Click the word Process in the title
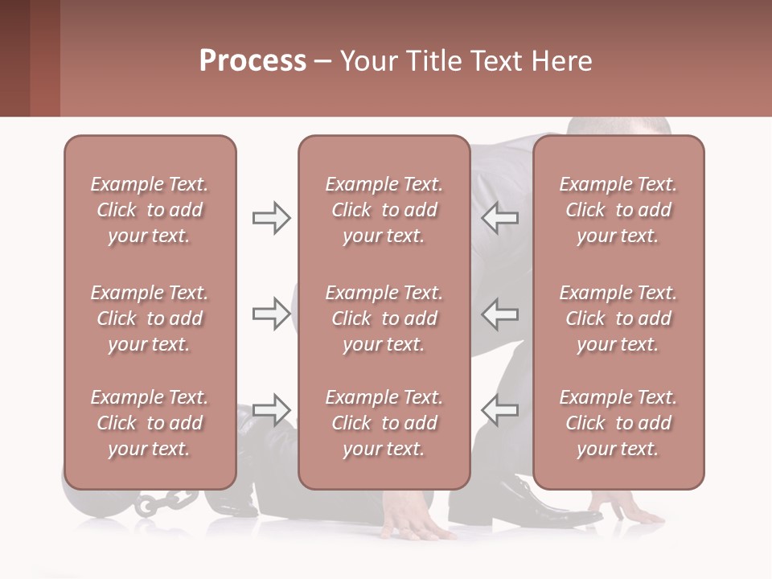(253, 61)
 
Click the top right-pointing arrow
(271, 218)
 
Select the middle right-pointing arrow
(271, 314)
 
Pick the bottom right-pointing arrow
(271, 409)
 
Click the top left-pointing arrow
(500, 218)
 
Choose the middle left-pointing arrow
(500, 314)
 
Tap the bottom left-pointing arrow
(500, 409)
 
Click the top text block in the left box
(150, 210)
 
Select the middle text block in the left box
(150, 318)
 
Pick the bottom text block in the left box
(150, 423)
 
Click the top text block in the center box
(384, 210)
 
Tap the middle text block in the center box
(384, 318)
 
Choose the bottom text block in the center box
(384, 423)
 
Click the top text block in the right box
(618, 210)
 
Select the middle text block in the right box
(618, 318)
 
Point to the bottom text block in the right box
(618, 423)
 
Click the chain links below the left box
(161, 503)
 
